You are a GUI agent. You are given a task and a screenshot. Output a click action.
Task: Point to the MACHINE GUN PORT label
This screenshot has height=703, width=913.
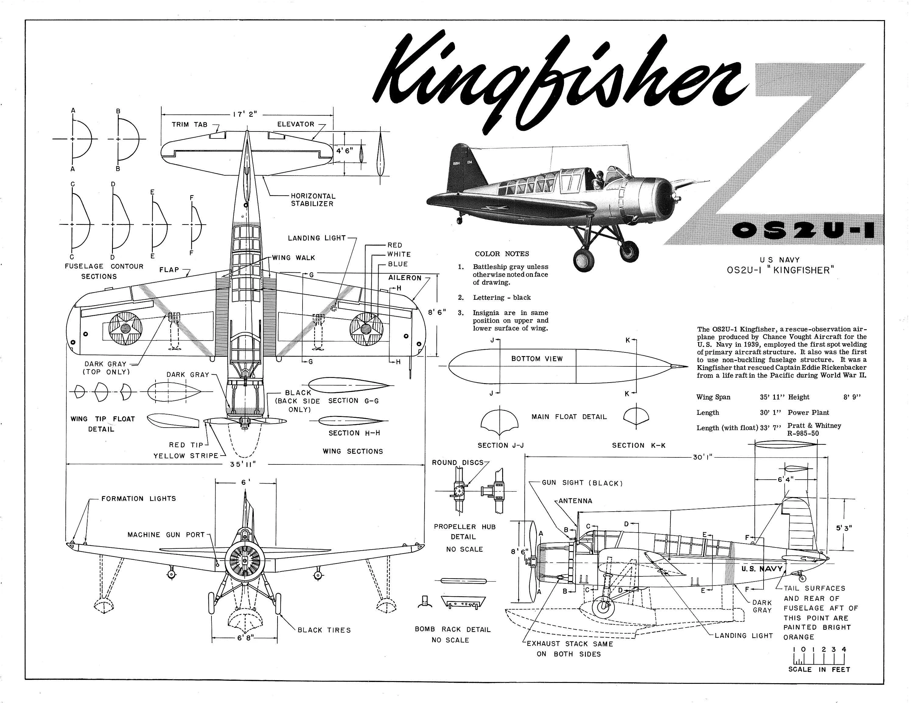[x=166, y=535]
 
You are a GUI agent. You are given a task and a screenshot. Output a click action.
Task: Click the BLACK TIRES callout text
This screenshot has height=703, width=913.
[x=324, y=630]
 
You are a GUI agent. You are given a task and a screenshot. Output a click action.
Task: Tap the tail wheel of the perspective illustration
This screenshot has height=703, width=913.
[x=460, y=219]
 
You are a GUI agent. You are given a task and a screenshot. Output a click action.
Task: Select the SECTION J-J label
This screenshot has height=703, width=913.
[x=500, y=445]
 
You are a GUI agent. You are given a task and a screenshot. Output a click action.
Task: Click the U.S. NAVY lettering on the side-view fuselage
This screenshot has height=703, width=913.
[x=762, y=569]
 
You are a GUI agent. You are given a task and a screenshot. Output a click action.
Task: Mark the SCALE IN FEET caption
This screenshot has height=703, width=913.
[x=819, y=669]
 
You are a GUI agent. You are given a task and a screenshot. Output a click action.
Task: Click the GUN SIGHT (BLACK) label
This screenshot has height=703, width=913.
[x=582, y=483]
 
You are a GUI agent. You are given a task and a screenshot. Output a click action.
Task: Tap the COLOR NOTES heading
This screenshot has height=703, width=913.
[x=502, y=254]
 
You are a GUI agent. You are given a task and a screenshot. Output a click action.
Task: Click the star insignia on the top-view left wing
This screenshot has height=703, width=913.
[x=125, y=328]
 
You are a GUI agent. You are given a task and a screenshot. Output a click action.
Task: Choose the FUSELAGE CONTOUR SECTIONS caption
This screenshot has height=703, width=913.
[x=104, y=271]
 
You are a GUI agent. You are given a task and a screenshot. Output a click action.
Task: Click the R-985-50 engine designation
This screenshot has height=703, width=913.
[x=803, y=433]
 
